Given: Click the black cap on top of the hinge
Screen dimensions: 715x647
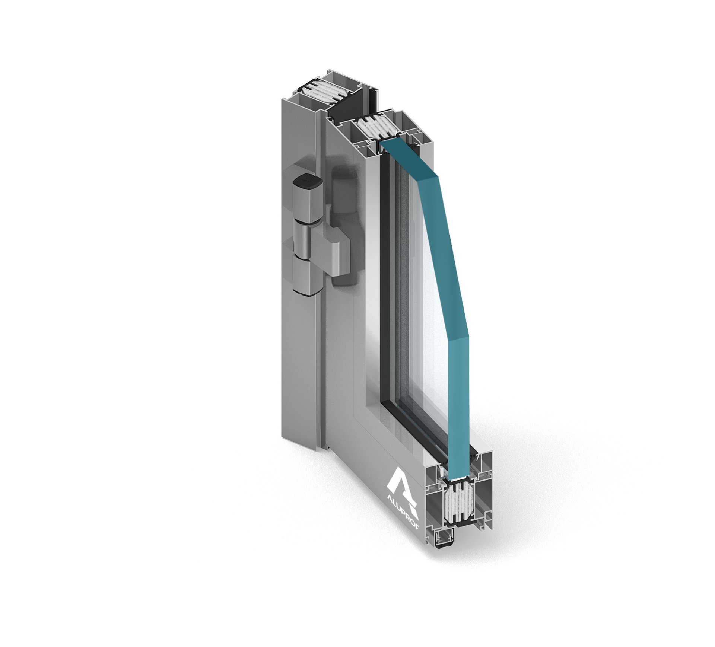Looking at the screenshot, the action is (x=307, y=182).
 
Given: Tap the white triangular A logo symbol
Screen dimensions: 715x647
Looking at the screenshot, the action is (x=404, y=490).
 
